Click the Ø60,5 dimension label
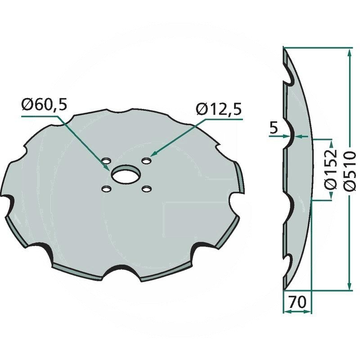point(44,105)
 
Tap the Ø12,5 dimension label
point(219,109)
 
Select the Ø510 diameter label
point(350,171)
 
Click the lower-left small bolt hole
point(106,189)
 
